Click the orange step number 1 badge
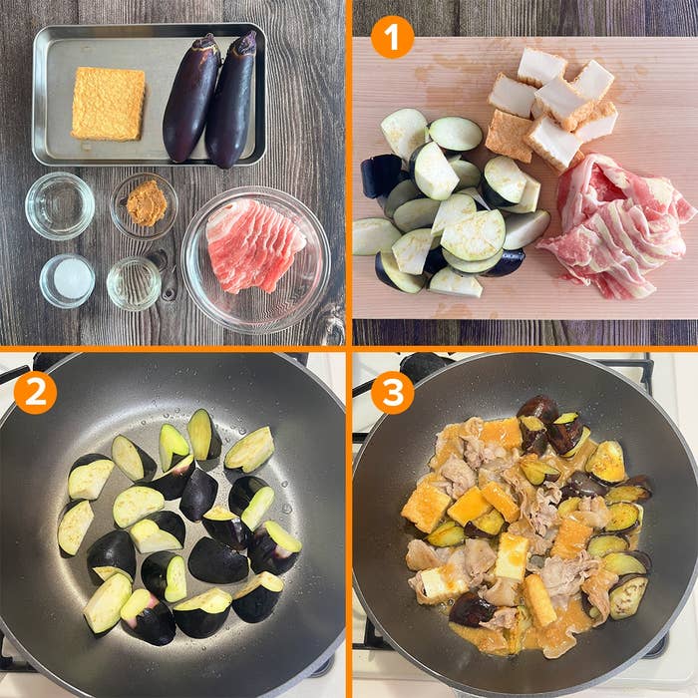pyautogui.click(x=392, y=37)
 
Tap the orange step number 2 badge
pyautogui.click(x=35, y=393)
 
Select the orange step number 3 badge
pyautogui.click(x=392, y=393)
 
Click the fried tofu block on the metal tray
pyautogui.click(x=108, y=104)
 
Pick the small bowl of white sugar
pyautogui.click(x=67, y=281)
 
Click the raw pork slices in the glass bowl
pyautogui.click(x=254, y=245)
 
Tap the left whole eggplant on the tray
pyautogui.click(x=191, y=99)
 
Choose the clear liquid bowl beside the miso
pyautogui.click(x=60, y=206)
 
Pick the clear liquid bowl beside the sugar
pyautogui.click(x=134, y=283)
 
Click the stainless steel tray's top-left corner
pyautogui.click(x=36, y=29)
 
